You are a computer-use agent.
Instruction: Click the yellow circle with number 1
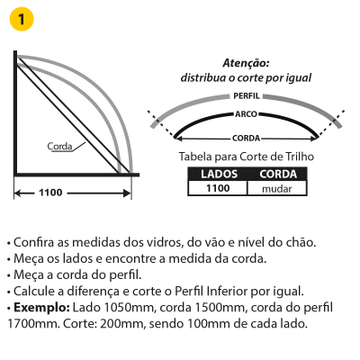pos(22,19)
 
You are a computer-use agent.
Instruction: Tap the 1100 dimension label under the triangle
pos(50,193)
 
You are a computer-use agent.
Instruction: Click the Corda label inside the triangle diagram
pos(59,147)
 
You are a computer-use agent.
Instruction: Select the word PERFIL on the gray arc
pos(247,96)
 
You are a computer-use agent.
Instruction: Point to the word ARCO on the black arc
pos(246,114)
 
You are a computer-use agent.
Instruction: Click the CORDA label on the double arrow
pos(246,139)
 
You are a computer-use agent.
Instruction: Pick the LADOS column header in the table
pos(219,174)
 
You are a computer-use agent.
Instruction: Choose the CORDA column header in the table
pos(278,174)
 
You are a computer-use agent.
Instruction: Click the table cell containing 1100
pos(218,188)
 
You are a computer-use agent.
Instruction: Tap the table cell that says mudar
pos(277,189)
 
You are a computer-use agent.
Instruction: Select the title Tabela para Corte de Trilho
pos(247,157)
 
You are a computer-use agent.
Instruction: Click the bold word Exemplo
pos(42,308)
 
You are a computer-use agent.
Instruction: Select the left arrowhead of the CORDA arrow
pos(178,139)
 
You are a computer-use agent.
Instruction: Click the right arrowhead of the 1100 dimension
pos(127,193)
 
